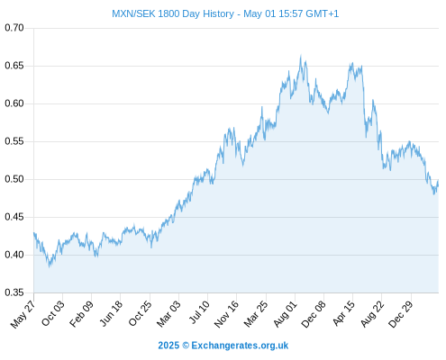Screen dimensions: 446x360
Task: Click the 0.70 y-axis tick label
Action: (x=14, y=28)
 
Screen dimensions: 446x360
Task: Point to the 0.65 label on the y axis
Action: (x=14, y=66)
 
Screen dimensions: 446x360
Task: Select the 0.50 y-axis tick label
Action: (x=14, y=179)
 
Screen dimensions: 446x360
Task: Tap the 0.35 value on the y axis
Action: (x=14, y=292)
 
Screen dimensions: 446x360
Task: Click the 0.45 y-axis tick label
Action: (x=14, y=217)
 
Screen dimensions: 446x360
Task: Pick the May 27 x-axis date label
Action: (x=23, y=314)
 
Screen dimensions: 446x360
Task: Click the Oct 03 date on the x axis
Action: (x=52, y=313)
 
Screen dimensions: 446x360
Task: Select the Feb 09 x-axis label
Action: (x=81, y=313)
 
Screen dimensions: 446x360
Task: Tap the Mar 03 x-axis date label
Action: (x=168, y=313)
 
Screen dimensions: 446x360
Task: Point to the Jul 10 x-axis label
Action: (x=199, y=312)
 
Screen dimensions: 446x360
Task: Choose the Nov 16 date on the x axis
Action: (x=226, y=314)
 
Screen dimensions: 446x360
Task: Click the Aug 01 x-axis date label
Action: (x=285, y=314)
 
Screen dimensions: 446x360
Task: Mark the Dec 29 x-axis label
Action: (x=401, y=314)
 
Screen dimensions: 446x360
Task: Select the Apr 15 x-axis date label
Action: (x=343, y=313)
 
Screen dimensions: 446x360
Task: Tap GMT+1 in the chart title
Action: (x=322, y=13)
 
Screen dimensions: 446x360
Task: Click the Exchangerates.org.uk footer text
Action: (x=240, y=346)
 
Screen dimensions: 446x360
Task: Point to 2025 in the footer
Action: (x=168, y=346)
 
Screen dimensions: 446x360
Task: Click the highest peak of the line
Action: (x=301, y=56)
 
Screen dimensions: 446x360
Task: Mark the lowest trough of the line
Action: (x=50, y=266)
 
